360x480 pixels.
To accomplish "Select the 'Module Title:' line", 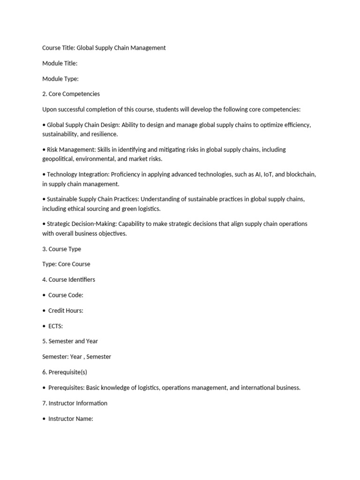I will [x=60, y=63].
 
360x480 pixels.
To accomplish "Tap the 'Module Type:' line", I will [x=60, y=79].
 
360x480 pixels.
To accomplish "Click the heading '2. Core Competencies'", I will [x=71, y=94].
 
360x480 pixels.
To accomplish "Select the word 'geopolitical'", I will [x=59, y=159].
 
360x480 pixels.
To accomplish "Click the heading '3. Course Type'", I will [x=61, y=249].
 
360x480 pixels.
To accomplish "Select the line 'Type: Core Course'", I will [x=66, y=264].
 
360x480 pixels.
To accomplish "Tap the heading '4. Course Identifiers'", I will [x=68, y=280].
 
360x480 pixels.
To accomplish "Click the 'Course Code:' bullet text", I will [x=66, y=295].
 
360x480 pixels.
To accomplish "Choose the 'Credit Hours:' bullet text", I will [x=66, y=311].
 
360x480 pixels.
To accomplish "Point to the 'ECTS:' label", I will [x=55, y=326].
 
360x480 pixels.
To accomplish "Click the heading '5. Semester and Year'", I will [x=70, y=341].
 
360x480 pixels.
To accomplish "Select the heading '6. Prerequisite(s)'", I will [x=65, y=372].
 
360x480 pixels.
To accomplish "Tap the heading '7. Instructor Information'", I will [x=75, y=403].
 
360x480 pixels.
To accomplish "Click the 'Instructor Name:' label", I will [x=71, y=419].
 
